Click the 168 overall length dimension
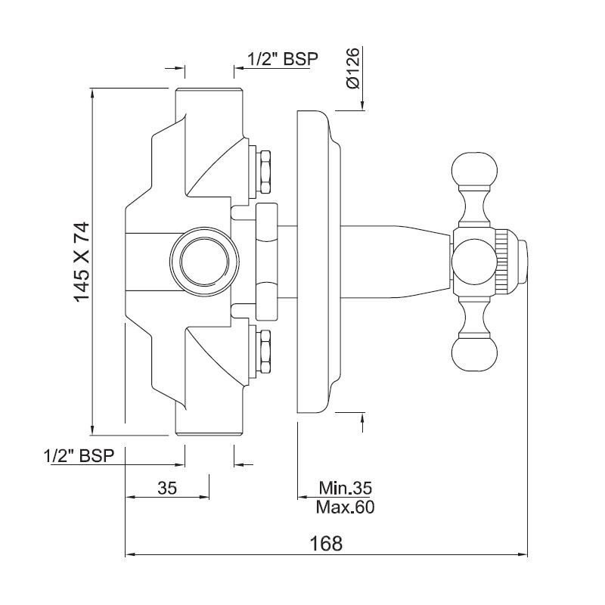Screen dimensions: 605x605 click(326, 544)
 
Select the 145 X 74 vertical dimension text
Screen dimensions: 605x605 click(82, 262)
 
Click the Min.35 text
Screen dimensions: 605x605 click(345, 488)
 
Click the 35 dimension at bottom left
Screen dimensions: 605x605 click(167, 489)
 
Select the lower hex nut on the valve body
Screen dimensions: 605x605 click(266, 352)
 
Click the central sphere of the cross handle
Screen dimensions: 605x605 click(472, 262)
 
